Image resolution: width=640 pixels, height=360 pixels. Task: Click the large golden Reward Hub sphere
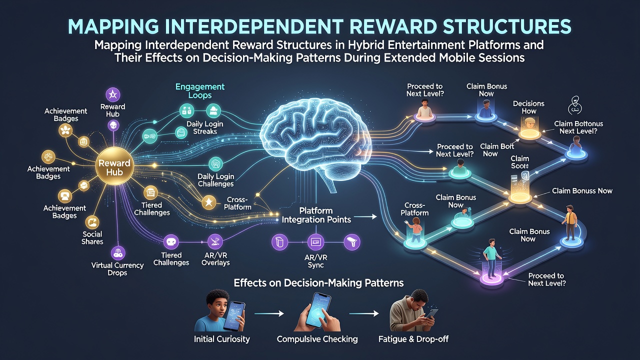(114, 166)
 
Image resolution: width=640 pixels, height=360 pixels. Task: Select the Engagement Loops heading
(200, 90)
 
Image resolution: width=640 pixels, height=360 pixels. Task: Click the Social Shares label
(92, 237)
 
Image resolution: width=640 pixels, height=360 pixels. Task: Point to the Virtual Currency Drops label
(117, 269)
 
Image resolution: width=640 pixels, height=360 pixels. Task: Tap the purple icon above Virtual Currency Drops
(117, 252)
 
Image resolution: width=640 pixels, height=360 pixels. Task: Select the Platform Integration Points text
(316, 215)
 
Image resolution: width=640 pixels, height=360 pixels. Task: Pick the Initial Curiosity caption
(221, 339)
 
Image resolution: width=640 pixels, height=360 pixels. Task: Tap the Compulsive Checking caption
(317, 339)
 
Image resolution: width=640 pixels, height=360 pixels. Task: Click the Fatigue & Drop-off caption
(413, 339)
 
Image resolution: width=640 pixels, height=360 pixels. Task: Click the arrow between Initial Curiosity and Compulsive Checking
(269, 313)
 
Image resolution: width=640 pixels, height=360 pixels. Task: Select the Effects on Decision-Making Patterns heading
(318, 283)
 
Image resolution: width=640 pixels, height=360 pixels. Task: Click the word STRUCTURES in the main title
(505, 26)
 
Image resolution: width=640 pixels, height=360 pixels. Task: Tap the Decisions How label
(528, 107)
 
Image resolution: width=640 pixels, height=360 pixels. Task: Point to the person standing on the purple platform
(491, 258)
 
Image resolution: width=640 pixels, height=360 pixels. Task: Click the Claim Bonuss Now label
(582, 191)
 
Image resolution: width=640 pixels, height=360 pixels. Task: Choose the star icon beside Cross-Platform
(209, 202)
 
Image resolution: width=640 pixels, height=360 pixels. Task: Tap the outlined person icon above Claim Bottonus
(574, 105)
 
